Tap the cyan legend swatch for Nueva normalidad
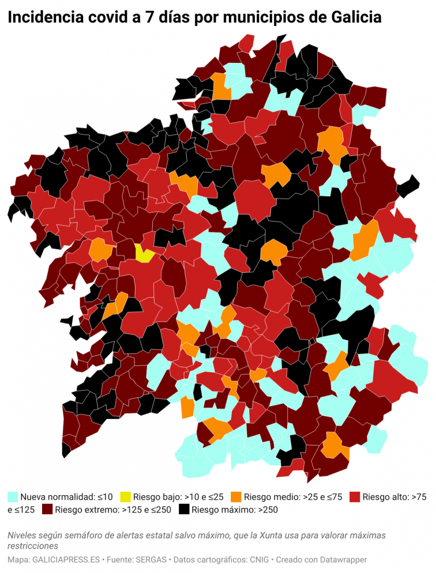coord(13,496)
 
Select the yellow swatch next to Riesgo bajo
coord(125,496)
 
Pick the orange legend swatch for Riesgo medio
coord(235,496)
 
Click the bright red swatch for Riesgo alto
coord(355,496)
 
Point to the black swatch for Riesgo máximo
coord(184,510)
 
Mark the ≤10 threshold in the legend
coord(104,496)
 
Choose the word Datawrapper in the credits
coord(341,560)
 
